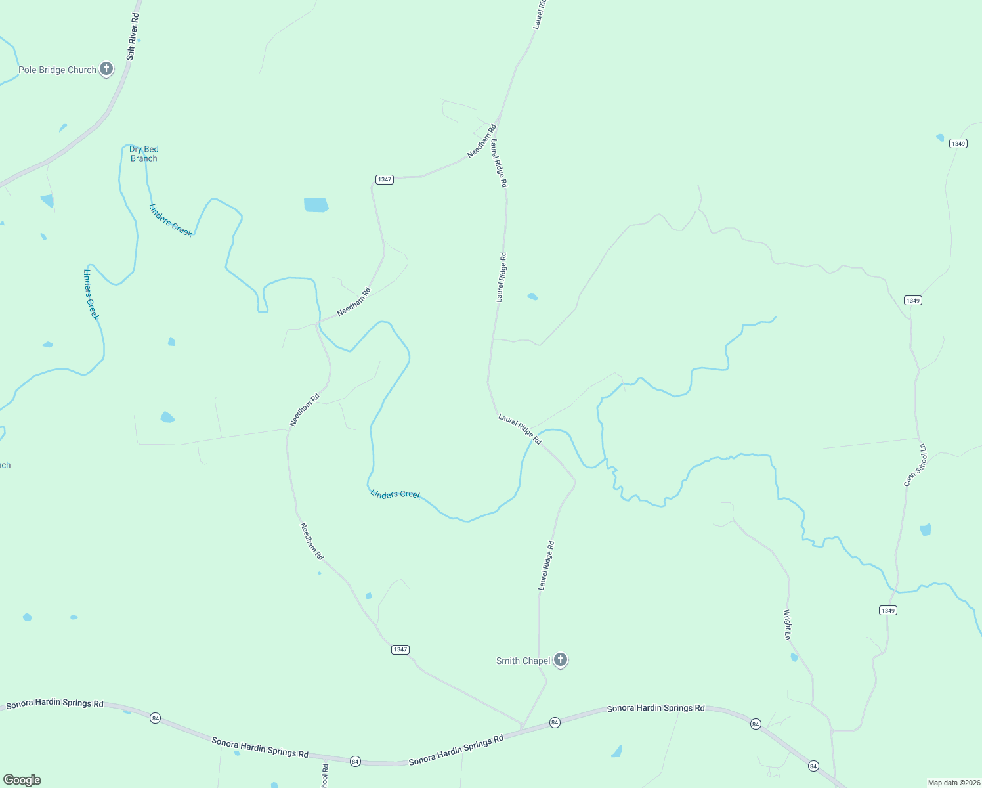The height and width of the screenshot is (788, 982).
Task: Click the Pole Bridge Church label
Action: pos(57,70)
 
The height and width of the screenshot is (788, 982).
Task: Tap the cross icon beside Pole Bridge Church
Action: pos(106,69)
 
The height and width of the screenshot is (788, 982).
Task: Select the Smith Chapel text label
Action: pos(523,661)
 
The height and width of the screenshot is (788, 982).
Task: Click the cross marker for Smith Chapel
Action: pos(560,660)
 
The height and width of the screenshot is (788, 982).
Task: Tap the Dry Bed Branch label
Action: pos(144,154)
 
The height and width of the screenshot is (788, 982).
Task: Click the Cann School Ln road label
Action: pos(915,465)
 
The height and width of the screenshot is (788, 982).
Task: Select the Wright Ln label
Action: pos(787,624)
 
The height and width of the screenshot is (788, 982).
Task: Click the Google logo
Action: pos(22,780)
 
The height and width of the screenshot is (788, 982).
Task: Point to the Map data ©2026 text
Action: pos(953,783)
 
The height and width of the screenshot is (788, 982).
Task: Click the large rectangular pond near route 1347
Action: pos(316,204)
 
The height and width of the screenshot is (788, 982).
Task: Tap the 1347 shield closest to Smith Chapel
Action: pos(400,649)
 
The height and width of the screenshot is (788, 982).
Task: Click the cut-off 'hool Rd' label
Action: pos(324,776)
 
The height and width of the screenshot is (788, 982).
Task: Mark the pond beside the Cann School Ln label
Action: pos(926,529)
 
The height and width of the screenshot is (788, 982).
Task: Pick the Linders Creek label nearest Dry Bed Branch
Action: pos(171,220)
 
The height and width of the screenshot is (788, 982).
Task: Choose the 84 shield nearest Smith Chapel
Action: pos(555,722)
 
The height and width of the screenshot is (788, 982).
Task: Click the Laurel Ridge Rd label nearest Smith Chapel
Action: pos(546,565)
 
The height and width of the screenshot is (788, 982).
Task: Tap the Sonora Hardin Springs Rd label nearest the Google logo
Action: pos(54,703)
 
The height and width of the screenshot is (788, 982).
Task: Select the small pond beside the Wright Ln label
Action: pos(794,657)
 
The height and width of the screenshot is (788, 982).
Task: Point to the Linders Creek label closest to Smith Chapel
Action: pos(395,494)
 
